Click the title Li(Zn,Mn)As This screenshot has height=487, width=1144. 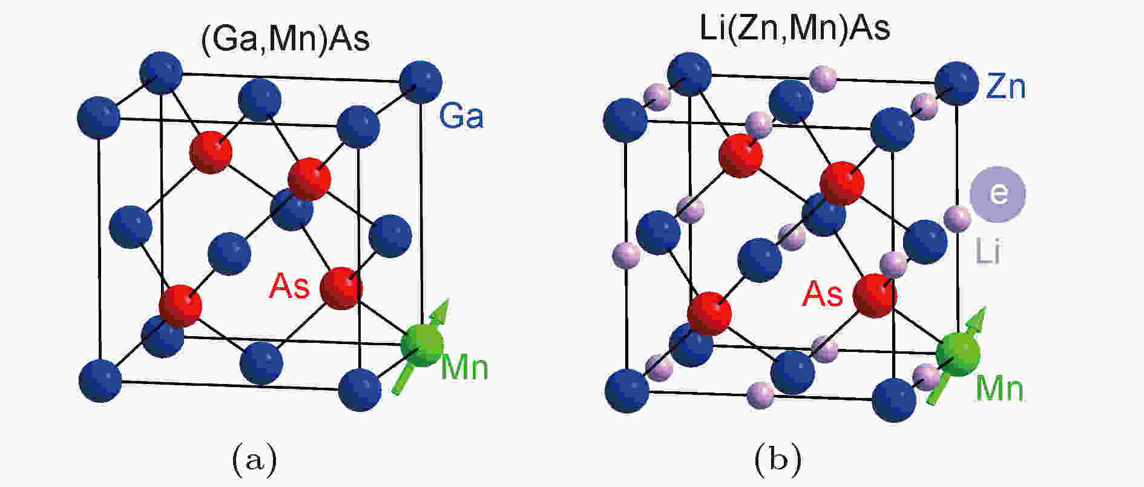click(x=795, y=28)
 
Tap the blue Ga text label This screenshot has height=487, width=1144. click(x=461, y=116)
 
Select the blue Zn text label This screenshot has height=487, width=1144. click(x=1006, y=86)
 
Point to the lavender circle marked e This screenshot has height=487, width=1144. click(x=998, y=194)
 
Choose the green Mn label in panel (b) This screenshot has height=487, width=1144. click(x=1000, y=388)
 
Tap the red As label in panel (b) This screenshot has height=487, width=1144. click(x=823, y=294)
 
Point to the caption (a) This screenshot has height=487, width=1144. click(x=254, y=460)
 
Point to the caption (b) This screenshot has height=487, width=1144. click(x=778, y=460)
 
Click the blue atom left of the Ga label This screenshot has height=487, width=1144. click(x=421, y=82)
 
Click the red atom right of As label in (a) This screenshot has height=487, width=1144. click(x=341, y=288)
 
